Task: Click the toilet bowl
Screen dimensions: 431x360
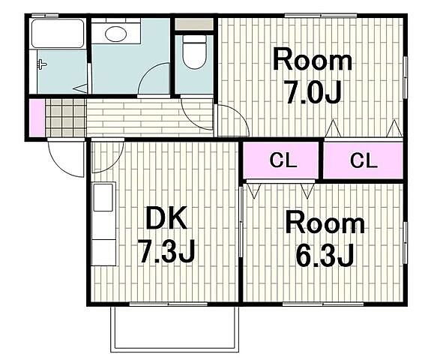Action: point(194,52)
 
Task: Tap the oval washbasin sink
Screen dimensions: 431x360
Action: point(115,34)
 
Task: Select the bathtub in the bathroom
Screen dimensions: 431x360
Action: point(58,33)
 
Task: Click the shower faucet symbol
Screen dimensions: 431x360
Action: point(42,65)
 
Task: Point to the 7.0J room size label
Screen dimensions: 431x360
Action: point(313,93)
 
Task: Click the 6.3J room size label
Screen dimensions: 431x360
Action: point(325,256)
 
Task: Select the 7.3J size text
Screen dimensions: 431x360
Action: point(166,251)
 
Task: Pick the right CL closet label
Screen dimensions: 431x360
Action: point(364,160)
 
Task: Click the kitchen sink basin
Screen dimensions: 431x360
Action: point(103,197)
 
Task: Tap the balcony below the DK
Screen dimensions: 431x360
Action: point(175,329)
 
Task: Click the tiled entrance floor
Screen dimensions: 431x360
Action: point(66,118)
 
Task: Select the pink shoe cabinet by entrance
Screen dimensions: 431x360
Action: point(37,118)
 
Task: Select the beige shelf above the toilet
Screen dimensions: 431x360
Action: point(194,24)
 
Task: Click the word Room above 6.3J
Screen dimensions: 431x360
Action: point(325,225)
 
